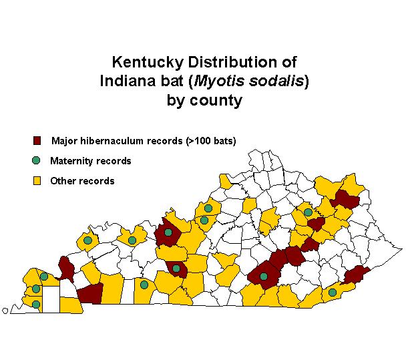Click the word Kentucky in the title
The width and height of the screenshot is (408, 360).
click(x=142, y=62)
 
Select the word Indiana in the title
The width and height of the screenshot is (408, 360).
click(x=128, y=81)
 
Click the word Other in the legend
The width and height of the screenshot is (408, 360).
click(x=62, y=180)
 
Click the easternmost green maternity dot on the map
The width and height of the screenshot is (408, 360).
click(x=333, y=292)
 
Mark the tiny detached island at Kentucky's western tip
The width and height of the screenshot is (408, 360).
click(x=5, y=309)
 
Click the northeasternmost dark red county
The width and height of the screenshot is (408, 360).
click(x=346, y=198)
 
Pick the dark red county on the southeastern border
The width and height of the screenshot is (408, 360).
click(x=357, y=275)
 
